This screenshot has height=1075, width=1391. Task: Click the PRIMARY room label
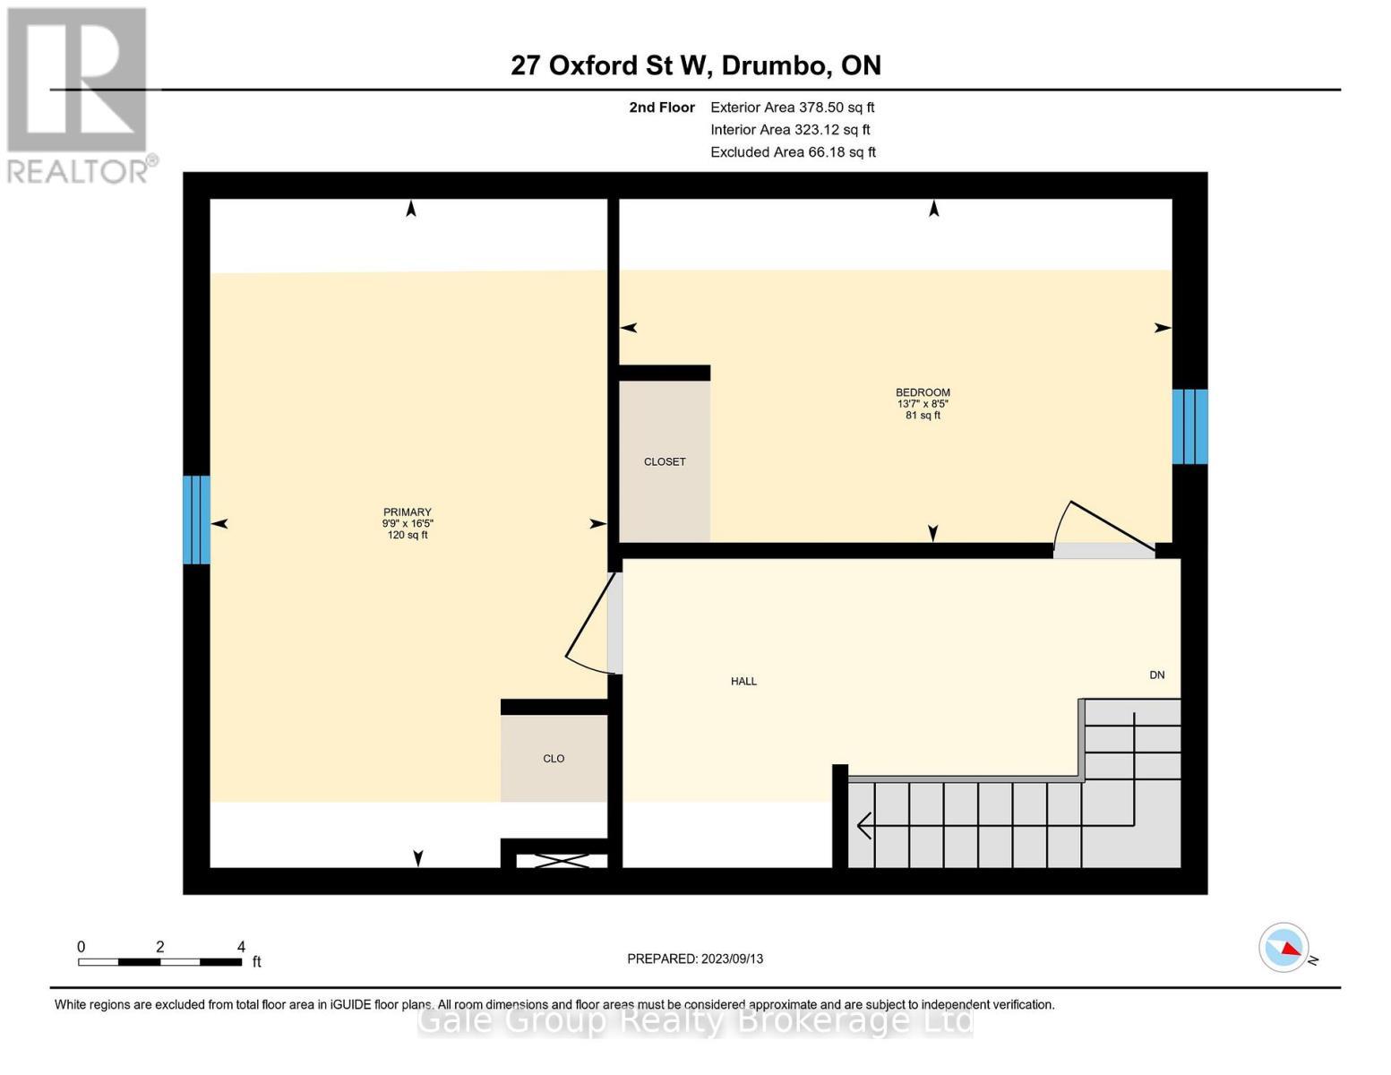coord(407,512)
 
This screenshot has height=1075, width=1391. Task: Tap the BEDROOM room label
coord(923,392)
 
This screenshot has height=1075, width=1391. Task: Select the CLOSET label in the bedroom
coord(665,462)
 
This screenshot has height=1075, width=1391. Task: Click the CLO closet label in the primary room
coord(554,759)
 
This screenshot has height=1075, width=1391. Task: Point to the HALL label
coord(743,682)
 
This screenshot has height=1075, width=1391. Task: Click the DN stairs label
coord(1157,675)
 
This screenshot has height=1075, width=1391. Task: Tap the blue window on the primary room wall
coord(196,520)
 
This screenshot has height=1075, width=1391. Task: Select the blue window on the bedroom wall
coord(1189,426)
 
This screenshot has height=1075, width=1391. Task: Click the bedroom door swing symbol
coord(1103,529)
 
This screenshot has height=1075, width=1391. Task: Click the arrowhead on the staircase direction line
coord(863,825)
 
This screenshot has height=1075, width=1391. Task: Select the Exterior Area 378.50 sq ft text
coord(792,107)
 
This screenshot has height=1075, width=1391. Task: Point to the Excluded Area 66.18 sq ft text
coord(793,152)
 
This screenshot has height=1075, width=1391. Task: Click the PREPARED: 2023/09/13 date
coord(695,959)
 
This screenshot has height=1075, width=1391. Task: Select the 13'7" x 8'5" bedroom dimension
coord(923,404)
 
